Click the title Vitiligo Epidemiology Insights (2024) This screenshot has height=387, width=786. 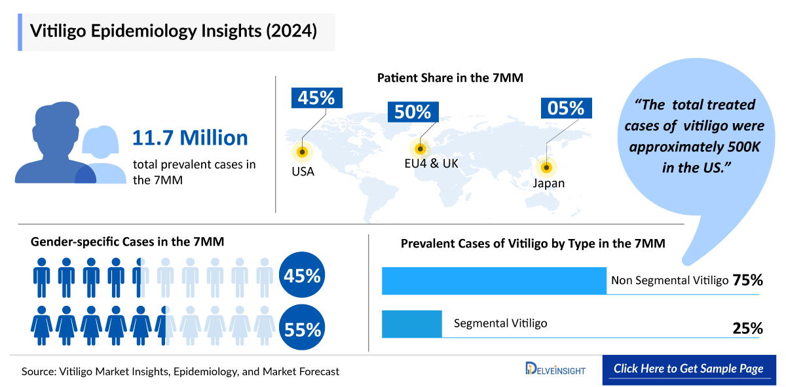click(x=174, y=31)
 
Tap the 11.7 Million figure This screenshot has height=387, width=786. click(x=190, y=138)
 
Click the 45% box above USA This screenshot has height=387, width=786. click(x=316, y=98)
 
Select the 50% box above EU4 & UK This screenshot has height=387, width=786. click(x=413, y=111)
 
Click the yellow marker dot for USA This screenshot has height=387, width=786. click(x=302, y=152)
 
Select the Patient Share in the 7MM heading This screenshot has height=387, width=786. click(x=450, y=78)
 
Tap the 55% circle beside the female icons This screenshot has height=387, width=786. click(x=302, y=329)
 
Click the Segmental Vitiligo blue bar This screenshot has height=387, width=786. click(x=411, y=323)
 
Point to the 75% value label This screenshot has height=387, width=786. click(x=748, y=280)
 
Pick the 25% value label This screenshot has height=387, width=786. click(x=748, y=328)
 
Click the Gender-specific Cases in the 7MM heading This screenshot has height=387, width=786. click(x=128, y=242)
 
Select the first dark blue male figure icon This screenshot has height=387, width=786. click(x=42, y=278)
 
